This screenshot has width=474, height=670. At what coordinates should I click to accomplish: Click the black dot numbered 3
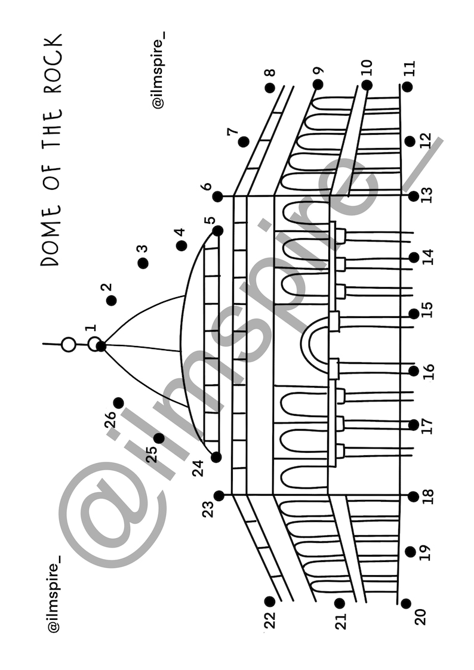(x=143, y=263)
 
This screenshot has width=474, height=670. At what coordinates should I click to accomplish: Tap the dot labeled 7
(x=244, y=142)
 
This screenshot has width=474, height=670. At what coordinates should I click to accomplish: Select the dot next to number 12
(x=410, y=141)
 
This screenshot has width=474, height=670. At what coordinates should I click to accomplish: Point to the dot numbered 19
(x=411, y=552)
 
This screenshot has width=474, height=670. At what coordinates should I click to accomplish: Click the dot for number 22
(x=270, y=601)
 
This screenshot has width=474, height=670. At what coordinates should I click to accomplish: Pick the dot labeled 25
(x=159, y=438)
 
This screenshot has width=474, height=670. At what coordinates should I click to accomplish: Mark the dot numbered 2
(x=111, y=300)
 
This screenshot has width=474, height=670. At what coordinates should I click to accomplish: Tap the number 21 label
(x=341, y=622)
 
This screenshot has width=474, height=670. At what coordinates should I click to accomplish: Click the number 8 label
(x=270, y=73)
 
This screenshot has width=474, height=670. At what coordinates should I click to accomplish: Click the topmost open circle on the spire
(x=69, y=344)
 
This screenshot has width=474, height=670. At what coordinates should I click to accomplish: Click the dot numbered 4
(x=181, y=245)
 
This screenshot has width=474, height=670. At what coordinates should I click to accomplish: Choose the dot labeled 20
(x=405, y=603)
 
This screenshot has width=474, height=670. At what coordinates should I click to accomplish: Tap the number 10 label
(x=367, y=67)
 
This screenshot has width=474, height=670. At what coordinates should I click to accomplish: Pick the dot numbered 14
(x=414, y=258)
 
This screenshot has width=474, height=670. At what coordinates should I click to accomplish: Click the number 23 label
(x=208, y=508)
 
